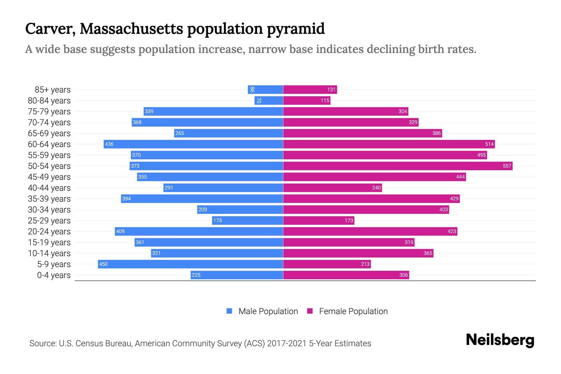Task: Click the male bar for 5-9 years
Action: tap(190, 264)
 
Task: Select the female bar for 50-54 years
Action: tap(397, 166)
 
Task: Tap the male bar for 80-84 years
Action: tap(269, 100)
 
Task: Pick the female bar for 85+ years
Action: tap(310, 89)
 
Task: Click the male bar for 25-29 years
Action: tap(247, 220)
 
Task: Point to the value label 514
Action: tap(489, 144)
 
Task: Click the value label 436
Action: tap(109, 144)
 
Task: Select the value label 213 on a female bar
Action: tap(365, 264)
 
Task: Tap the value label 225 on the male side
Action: tap(196, 275)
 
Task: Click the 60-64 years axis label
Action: tap(49, 144)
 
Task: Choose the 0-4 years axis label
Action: tap(54, 275)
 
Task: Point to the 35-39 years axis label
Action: tap(49, 199)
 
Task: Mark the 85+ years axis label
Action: tap(53, 90)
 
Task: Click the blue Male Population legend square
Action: tap(229, 311)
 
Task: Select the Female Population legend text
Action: tap(353, 311)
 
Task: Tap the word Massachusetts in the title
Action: tap(131, 29)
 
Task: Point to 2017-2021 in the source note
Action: tap(287, 343)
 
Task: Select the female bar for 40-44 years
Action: tap(332, 188)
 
